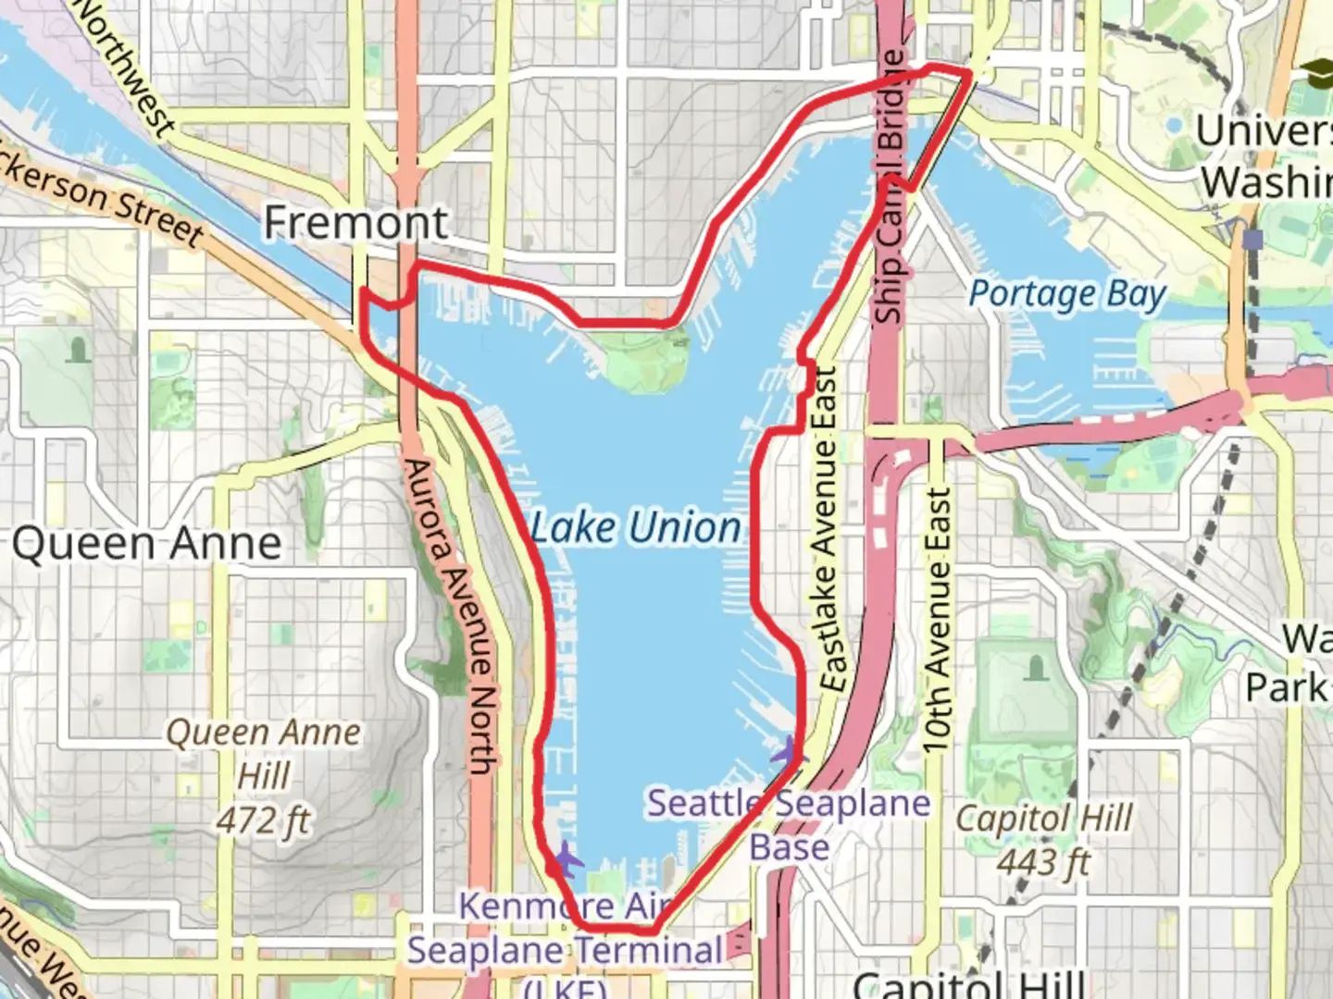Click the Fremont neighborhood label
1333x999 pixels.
point(356,223)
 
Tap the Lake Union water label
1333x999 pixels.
point(636,527)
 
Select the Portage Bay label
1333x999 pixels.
point(1066,294)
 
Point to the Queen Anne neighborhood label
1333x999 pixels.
point(147,544)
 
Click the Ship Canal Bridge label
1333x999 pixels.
point(890,185)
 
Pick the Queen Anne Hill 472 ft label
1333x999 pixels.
point(264,775)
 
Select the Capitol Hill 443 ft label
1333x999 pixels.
point(1044,840)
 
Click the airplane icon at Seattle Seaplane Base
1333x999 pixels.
point(788,752)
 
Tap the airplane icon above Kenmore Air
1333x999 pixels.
point(564,861)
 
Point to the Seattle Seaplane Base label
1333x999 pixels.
point(789,824)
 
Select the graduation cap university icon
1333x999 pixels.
point(1316,71)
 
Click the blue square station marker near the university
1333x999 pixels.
point(1252,240)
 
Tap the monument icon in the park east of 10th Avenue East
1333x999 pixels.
point(1036,666)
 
